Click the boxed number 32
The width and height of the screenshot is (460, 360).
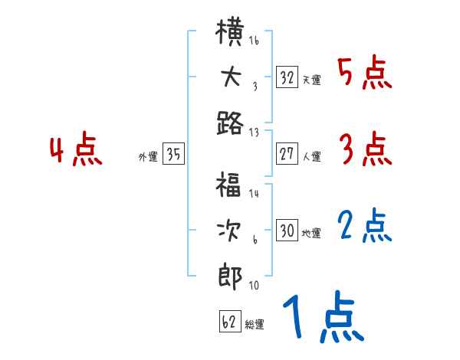point(287,77)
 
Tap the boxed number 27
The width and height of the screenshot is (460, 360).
point(287,154)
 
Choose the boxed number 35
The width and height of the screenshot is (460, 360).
point(173,154)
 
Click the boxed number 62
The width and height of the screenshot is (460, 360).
point(229,322)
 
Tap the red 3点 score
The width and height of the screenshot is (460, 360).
point(365,150)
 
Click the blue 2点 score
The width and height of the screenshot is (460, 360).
point(365,227)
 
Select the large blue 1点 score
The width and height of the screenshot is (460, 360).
point(323,317)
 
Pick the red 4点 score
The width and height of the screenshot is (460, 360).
point(76,150)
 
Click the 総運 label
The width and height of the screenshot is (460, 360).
point(255,325)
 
